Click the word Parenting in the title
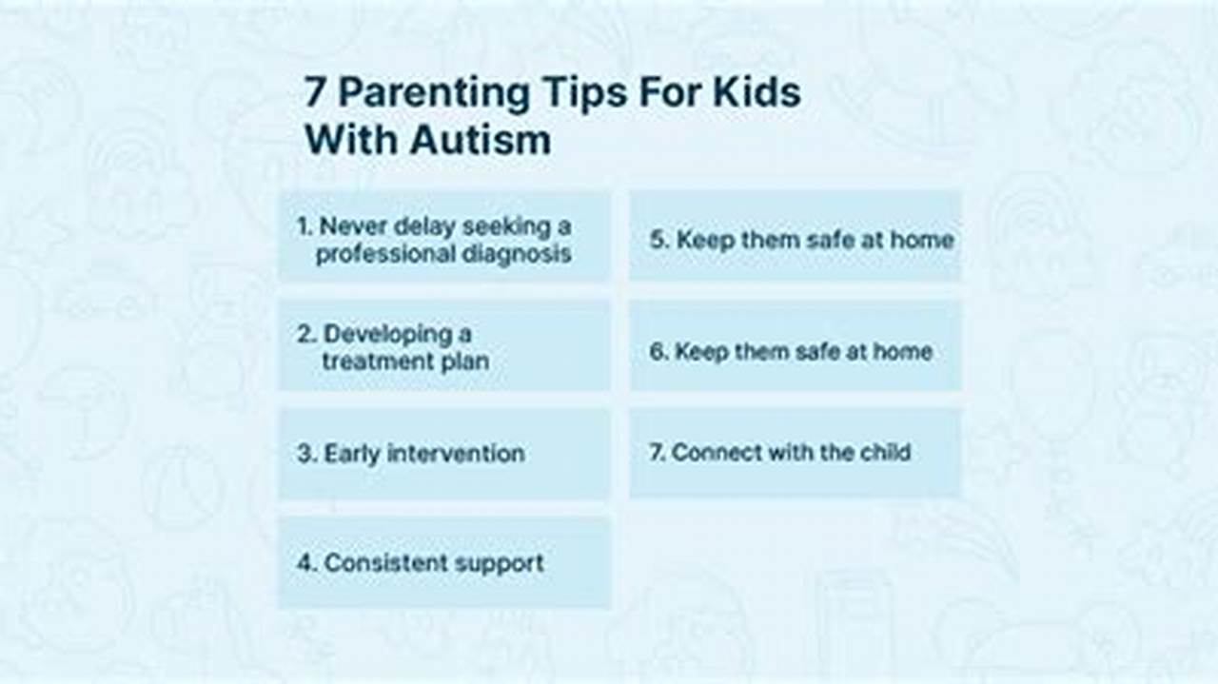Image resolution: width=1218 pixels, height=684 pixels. point(434,94)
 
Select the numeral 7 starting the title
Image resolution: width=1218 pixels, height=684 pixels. point(316,93)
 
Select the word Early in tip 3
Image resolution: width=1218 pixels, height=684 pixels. point(351,454)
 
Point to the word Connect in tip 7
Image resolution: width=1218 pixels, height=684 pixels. point(709,452)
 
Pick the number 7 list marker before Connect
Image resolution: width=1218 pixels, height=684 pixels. point(657,452)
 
